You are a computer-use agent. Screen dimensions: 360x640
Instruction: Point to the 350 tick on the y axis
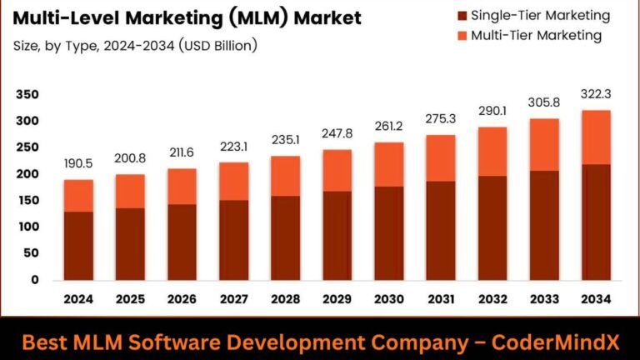[x=27, y=95]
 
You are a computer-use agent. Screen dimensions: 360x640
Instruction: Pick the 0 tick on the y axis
[x=34, y=280]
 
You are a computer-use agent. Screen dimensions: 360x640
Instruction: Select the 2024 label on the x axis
[x=79, y=299]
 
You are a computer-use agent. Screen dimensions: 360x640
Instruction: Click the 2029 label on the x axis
[x=337, y=299]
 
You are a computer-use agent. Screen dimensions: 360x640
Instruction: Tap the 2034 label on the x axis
[x=596, y=299]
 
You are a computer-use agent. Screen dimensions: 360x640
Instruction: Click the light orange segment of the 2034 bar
[x=596, y=137]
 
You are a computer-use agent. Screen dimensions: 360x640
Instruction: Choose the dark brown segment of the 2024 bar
[x=79, y=246]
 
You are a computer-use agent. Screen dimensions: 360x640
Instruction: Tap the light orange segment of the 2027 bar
[x=234, y=181]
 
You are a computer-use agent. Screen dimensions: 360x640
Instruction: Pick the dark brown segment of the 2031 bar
[x=441, y=230]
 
